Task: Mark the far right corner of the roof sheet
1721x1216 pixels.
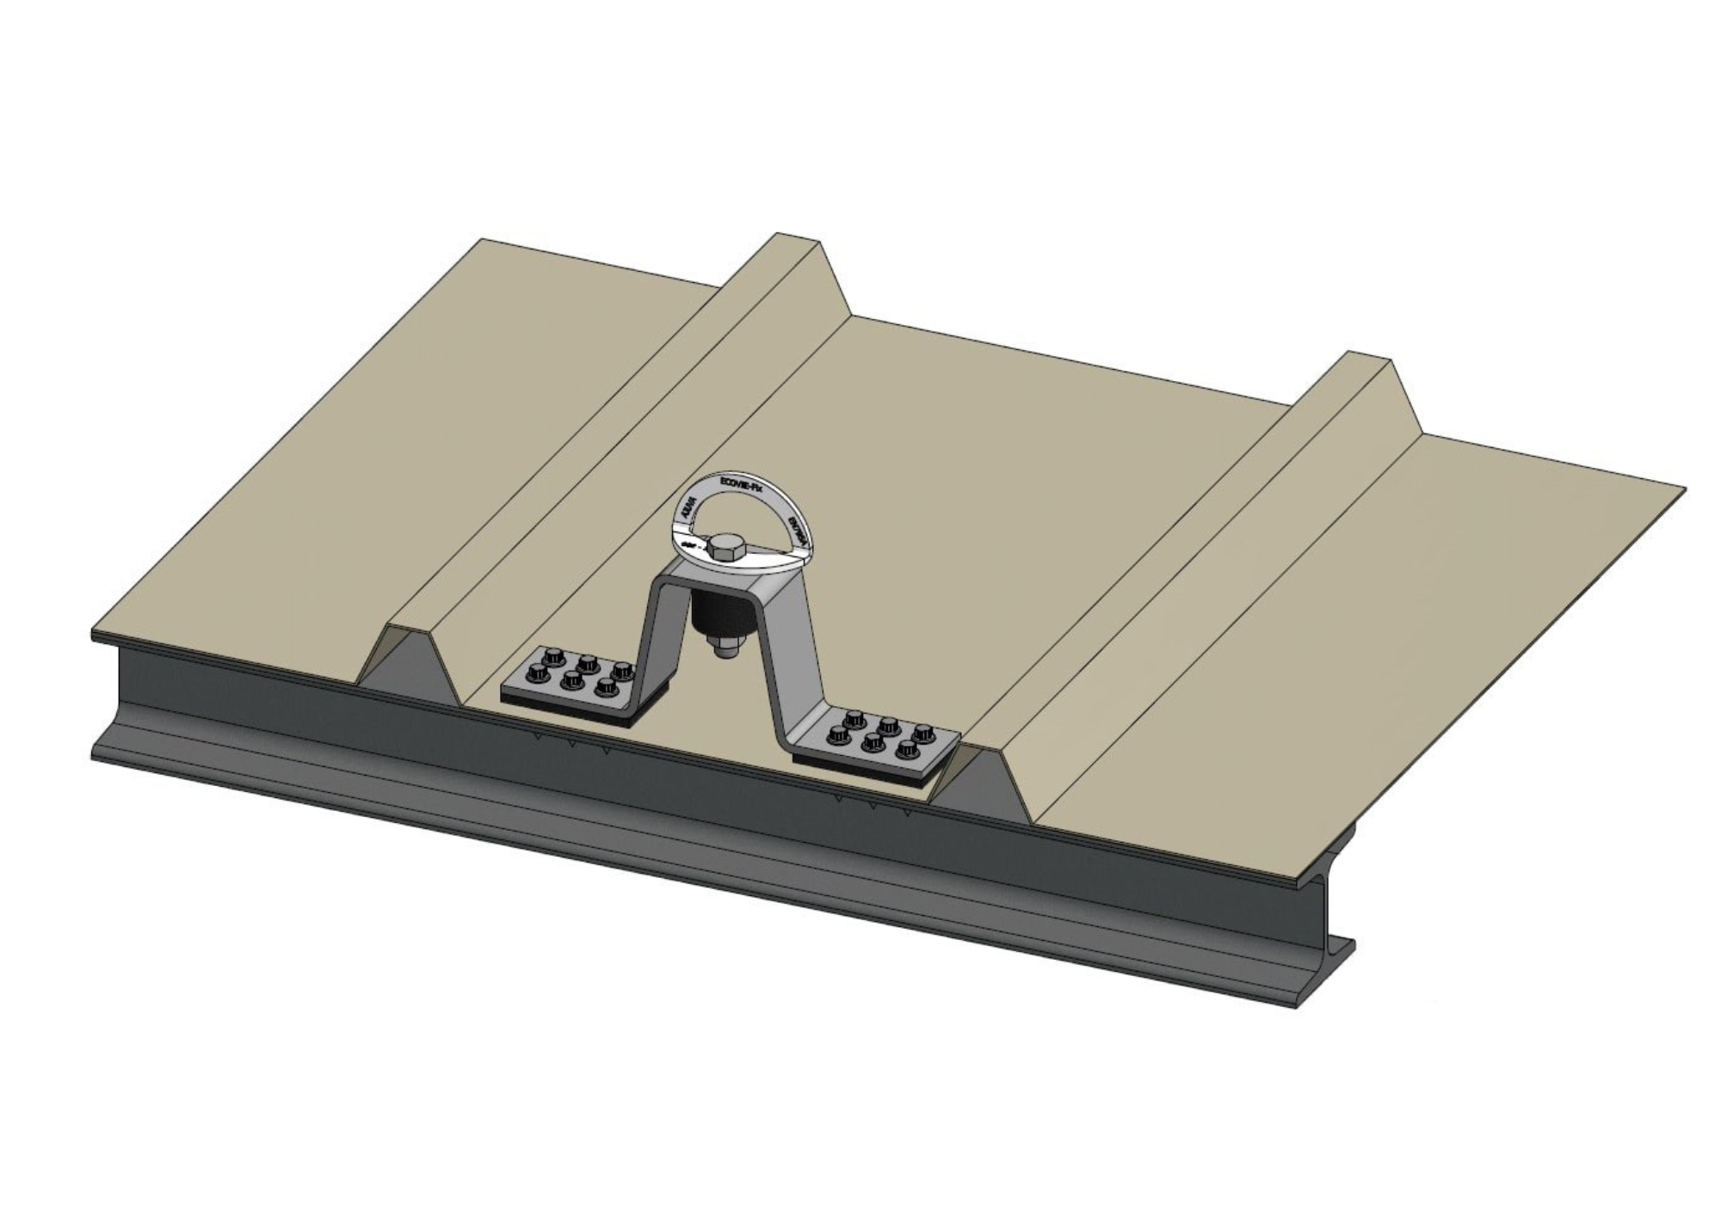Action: point(1682,490)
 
